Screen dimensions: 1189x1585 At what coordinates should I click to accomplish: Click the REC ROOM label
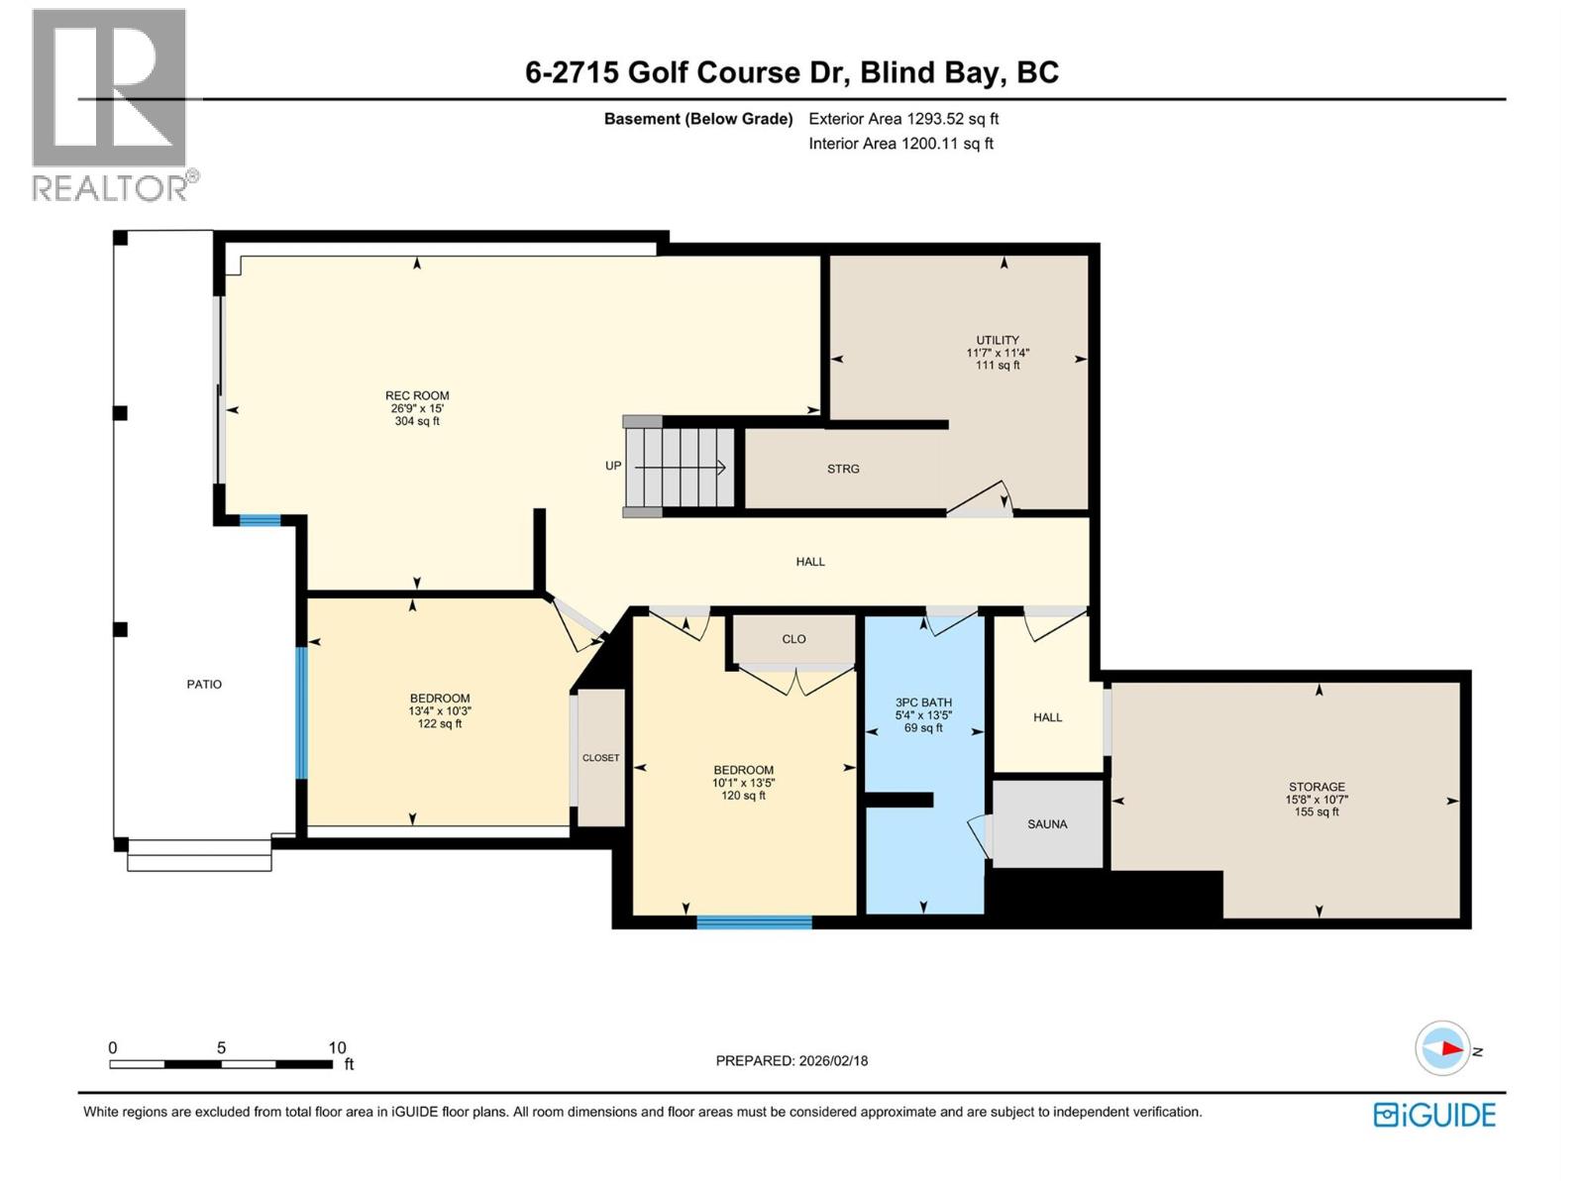417,395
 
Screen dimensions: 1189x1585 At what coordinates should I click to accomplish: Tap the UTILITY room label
998,340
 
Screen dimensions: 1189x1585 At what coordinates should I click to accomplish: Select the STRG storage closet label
843,469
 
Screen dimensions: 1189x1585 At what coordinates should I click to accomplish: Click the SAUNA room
1047,824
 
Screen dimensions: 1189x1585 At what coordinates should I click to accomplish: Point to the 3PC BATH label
923,703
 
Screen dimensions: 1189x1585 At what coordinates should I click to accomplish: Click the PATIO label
204,684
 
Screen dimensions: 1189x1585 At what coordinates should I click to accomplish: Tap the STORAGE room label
1317,787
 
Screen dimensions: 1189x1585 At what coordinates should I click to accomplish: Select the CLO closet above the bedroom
793,639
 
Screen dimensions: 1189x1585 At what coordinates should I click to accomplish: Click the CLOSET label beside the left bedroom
600,758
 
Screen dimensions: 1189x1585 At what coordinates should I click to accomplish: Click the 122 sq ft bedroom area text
440,724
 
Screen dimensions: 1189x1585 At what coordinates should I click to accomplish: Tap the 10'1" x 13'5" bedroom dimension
743,783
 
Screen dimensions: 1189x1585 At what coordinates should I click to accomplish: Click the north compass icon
1442,1048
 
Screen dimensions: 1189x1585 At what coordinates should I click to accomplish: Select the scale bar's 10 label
337,1047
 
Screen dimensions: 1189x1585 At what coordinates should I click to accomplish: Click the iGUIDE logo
1434,1115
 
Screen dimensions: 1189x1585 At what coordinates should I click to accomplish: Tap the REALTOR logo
110,104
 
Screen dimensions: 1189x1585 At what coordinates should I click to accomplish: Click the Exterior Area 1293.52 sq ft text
902,119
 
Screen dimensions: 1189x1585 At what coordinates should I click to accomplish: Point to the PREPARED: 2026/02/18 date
792,1060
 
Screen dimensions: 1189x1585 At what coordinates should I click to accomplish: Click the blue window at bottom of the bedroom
754,922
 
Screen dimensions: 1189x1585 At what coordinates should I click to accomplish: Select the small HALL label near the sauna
1047,717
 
